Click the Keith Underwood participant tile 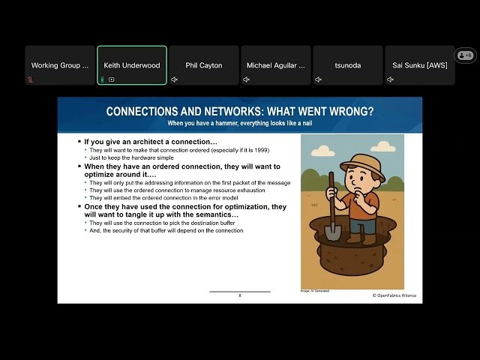pos(132,65)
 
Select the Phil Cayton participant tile pos(204,65)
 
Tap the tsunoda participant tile pos(347,65)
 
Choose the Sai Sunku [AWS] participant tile pos(419,65)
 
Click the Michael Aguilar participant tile pos(276,65)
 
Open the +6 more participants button pos(465,55)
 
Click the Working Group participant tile pos(60,65)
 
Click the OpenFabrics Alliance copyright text pos(394,295)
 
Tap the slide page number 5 pos(240,295)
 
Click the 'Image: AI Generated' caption pos(315,290)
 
